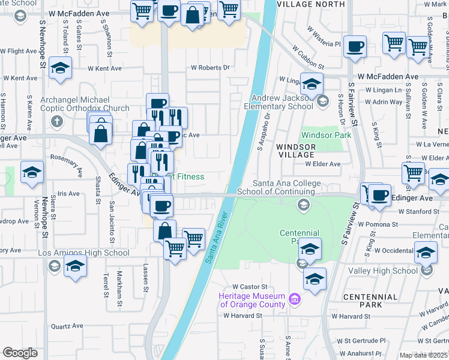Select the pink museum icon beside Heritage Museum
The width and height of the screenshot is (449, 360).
click(294, 299)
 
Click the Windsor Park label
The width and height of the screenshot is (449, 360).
click(325, 136)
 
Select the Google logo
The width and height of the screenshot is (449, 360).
click(20, 353)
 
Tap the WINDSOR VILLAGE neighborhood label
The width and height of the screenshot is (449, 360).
click(295, 150)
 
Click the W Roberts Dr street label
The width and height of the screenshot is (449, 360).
click(210, 68)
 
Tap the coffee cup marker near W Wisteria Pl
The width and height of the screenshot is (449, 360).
click(355, 46)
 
